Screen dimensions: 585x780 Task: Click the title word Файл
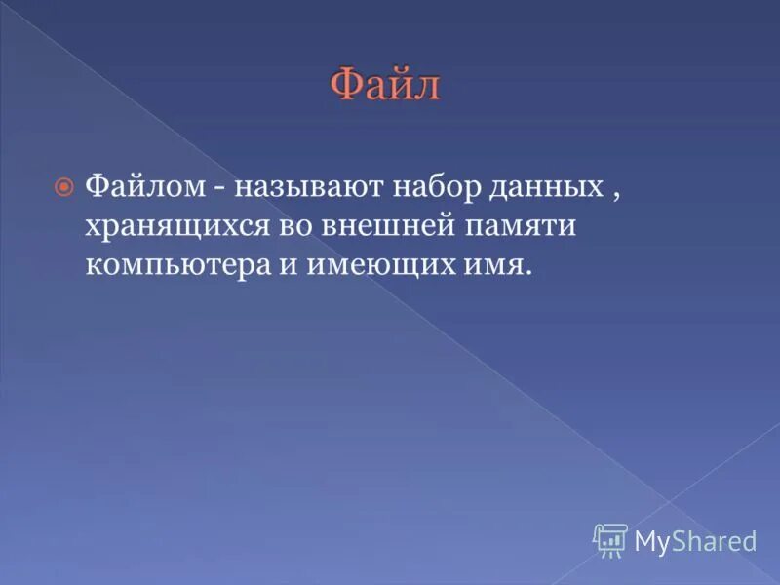tap(385, 85)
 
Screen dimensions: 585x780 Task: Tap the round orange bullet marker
tap(64, 184)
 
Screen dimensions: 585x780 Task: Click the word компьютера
tap(190, 265)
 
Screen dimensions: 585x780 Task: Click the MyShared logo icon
tap(610, 539)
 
